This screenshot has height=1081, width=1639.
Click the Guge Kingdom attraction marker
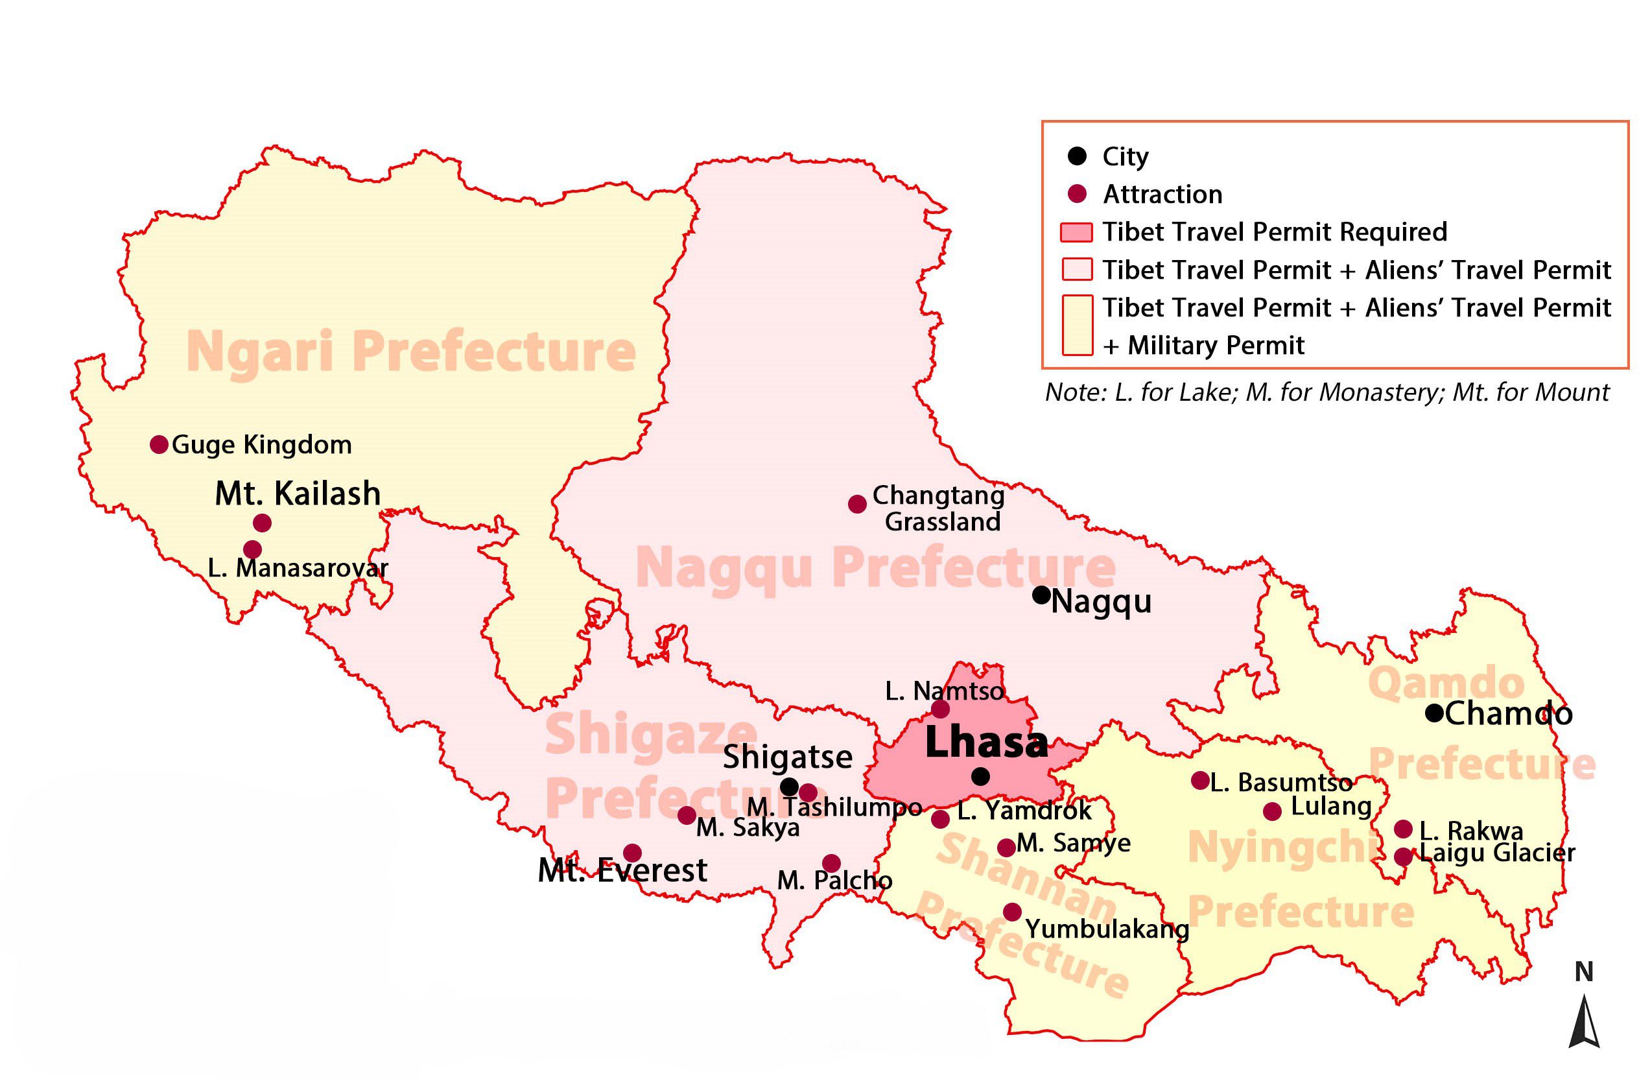coord(159,445)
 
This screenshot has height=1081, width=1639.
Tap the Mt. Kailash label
coord(298,493)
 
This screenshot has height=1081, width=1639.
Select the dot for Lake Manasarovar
coord(252,549)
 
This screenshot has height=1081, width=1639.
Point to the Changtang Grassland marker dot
coord(856,504)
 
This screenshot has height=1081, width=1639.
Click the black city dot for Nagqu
coord(1041,594)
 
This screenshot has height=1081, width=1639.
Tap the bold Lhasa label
coord(985,743)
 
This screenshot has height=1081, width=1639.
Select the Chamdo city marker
coord(1434,713)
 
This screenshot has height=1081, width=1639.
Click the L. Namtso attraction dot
coord(940,709)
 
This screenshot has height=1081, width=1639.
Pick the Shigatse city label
coord(787,757)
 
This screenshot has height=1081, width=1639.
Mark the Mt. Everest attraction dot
coord(632,853)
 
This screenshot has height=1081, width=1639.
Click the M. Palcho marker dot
coord(831,863)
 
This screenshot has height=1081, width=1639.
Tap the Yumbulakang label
coord(1107,929)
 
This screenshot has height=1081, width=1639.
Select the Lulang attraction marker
coord(1272,811)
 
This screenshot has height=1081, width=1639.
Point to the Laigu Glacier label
coord(1497,853)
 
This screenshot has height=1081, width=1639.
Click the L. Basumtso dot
coord(1200,780)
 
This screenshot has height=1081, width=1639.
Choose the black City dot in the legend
coord(1077,156)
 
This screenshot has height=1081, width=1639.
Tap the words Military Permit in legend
coord(1216,346)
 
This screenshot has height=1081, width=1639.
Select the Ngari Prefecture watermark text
coord(411,351)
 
